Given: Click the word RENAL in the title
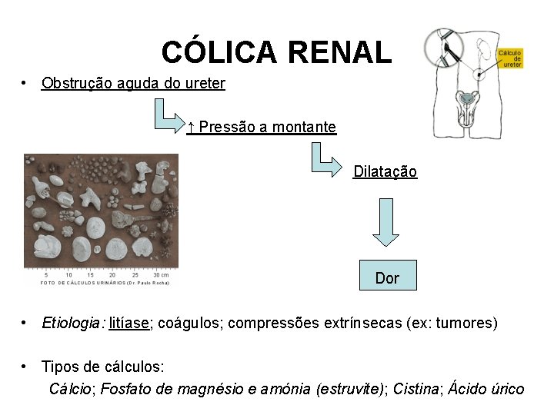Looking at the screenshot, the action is click(340, 52).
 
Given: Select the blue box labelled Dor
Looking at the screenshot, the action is click(387, 277).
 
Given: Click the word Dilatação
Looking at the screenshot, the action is click(385, 171).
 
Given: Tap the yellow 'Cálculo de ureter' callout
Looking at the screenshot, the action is click(511, 58).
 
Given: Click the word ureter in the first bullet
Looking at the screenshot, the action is click(205, 83).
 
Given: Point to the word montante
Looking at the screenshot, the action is click(303, 127).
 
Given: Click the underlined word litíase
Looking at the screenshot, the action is click(129, 323).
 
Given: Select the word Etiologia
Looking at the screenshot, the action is click(73, 323).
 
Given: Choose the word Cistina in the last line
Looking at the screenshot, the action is click(416, 389).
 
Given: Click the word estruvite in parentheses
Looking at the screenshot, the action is click(352, 389).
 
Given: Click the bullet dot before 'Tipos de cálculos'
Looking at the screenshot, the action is click(26, 367).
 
